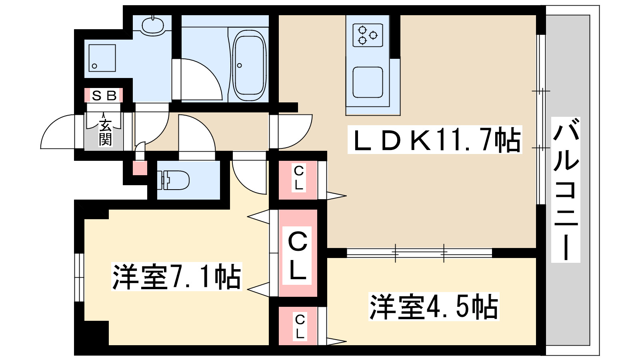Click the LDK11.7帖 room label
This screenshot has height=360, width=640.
point(435,140)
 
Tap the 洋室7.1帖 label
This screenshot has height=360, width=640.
point(176,276)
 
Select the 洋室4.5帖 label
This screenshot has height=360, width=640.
point(434,307)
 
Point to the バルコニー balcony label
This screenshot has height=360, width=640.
point(566,190)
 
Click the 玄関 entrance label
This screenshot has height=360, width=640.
point(105,132)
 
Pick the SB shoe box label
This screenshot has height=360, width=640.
point(104,96)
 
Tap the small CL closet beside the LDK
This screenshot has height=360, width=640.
point(298,178)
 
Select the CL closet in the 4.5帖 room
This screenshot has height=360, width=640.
point(299,326)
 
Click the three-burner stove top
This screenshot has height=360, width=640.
point(368,35)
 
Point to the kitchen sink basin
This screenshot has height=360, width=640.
point(368,82)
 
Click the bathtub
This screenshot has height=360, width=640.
point(249,66)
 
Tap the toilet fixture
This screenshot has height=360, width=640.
point(175,180)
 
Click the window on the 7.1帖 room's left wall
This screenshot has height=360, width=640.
point(79,277)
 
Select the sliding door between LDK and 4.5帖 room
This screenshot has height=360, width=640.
point(419,253)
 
